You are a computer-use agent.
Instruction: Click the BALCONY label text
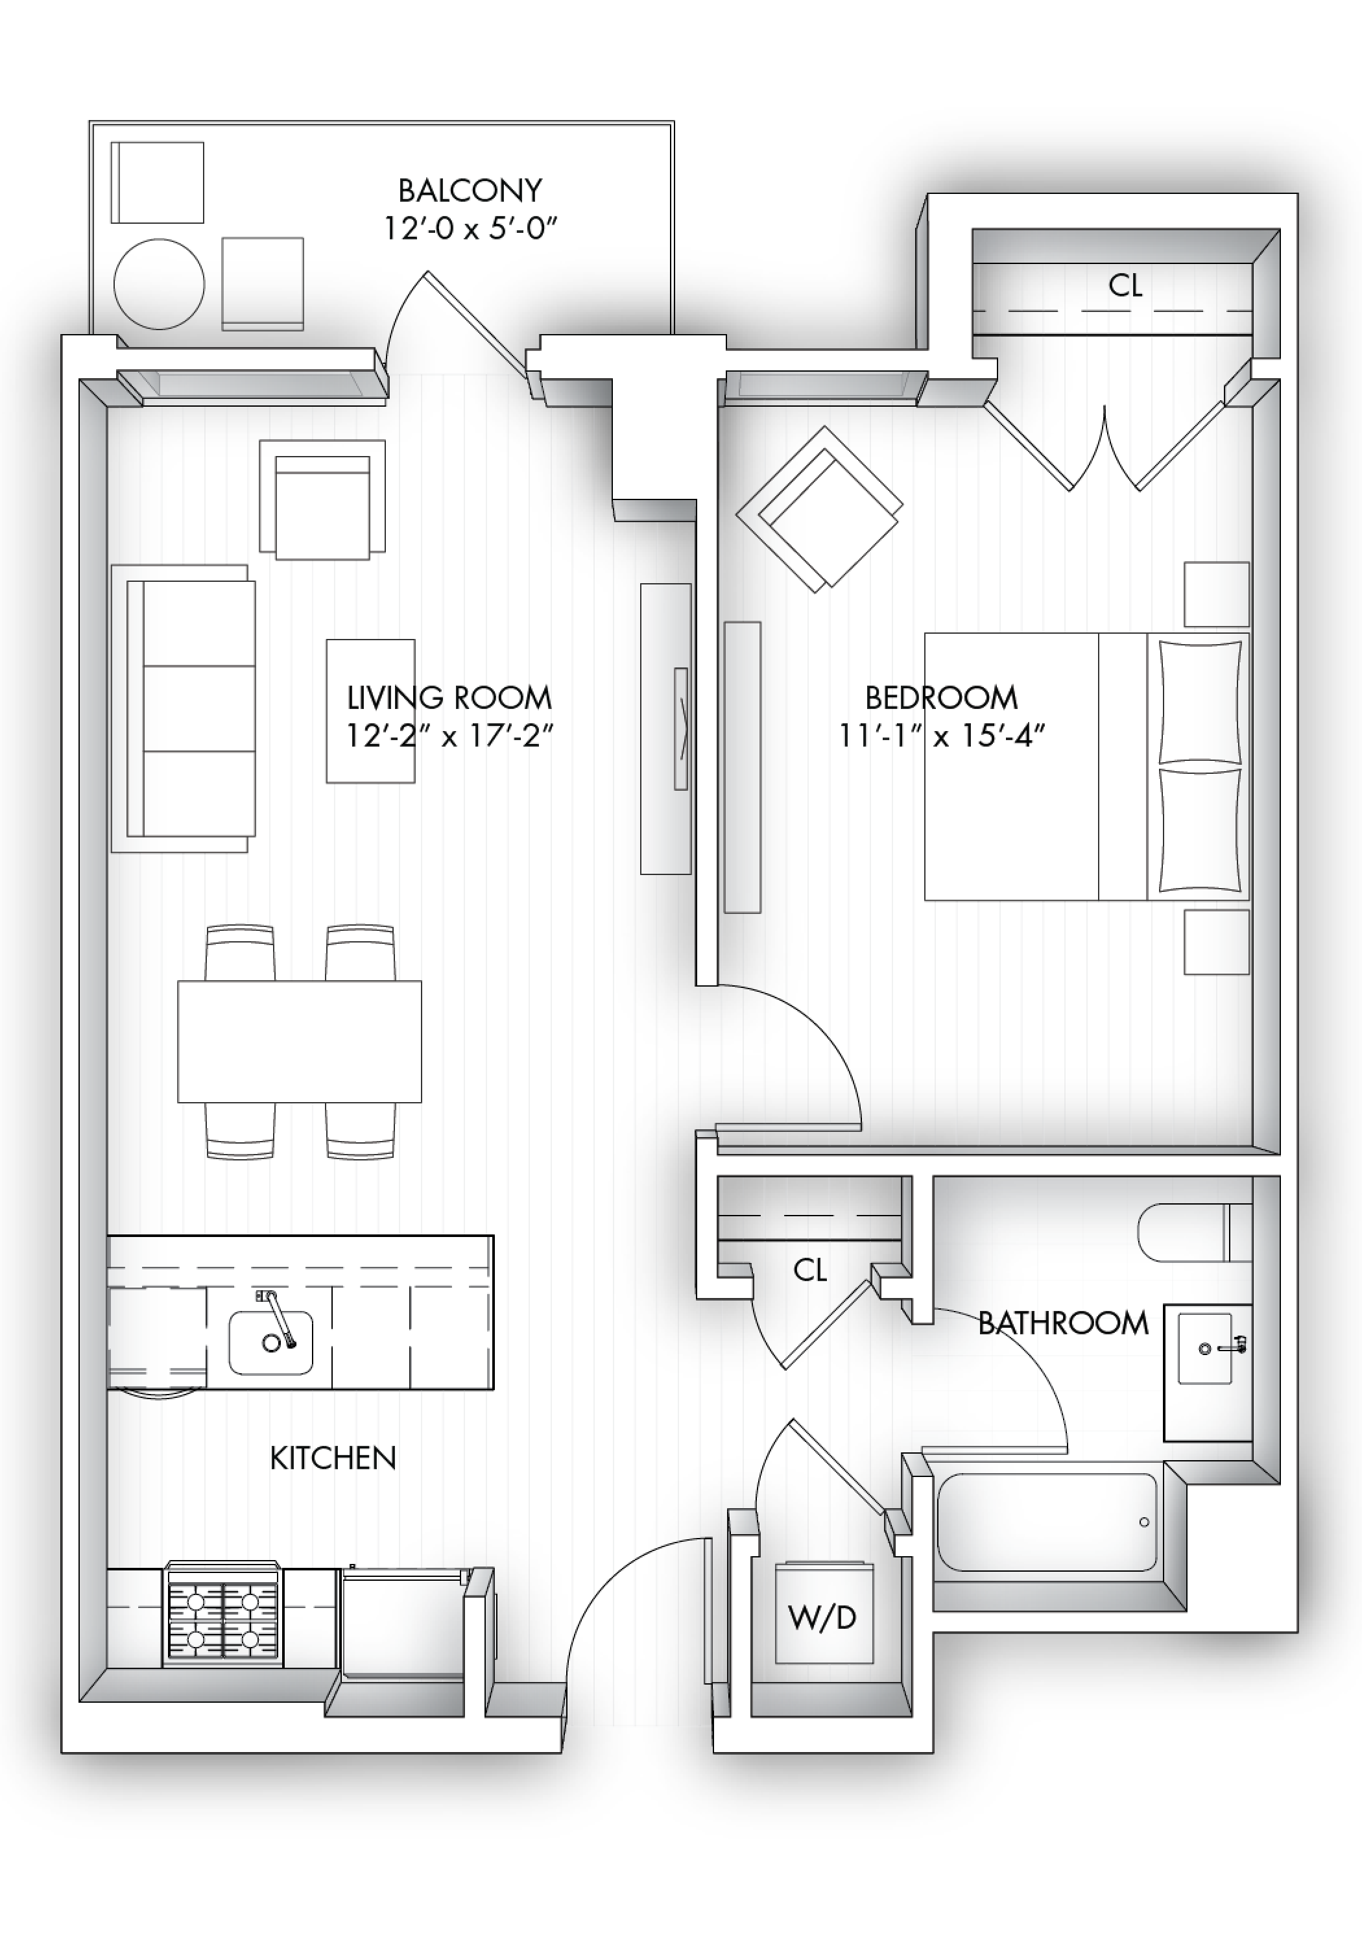click(x=470, y=191)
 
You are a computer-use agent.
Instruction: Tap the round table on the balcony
click(x=160, y=284)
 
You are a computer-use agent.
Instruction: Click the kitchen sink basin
click(x=270, y=1343)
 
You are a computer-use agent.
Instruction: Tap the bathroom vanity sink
click(x=1205, y=1349)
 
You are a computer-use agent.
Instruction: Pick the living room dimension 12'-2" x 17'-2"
click(x=449, y=736)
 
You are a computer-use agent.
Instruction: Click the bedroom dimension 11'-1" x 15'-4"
click(x=941, y=736)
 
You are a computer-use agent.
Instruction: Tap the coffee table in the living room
click(x=370, y=711)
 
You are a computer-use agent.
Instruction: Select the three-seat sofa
click(x=183, y=708)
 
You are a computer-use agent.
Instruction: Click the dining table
click(x=299, y=1042)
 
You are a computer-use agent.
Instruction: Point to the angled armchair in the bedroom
click(x=818, y=509)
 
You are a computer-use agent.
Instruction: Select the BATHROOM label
click(x=1064, y=1323)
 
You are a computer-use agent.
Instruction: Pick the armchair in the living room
click(x=322, y=499)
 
